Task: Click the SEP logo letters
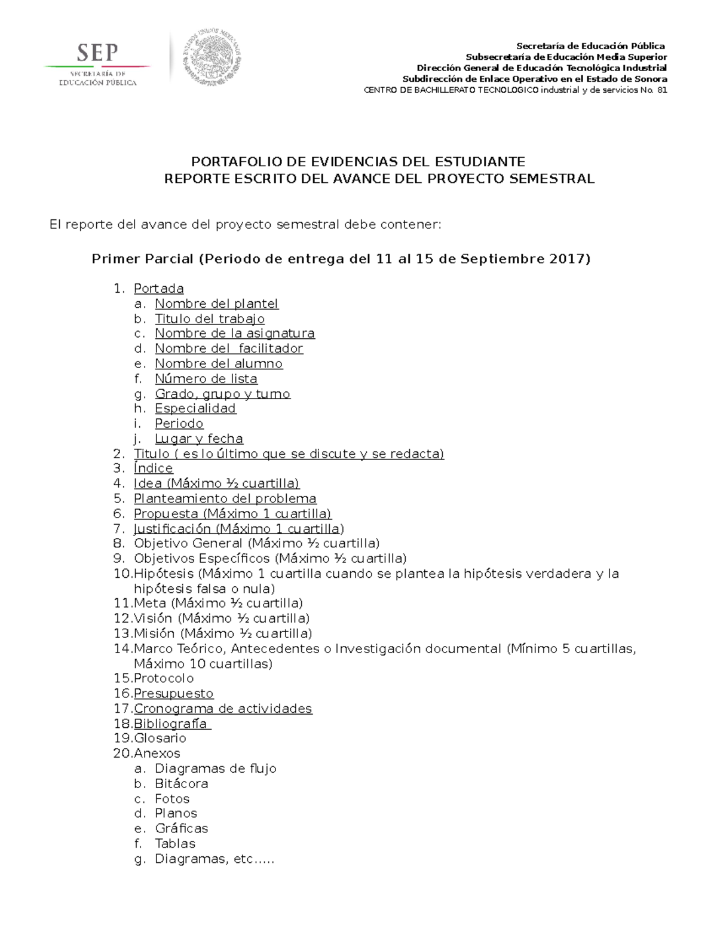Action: pyautogui.click(x=97, y=54)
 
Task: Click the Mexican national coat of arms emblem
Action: pyautogui.click(x=212, y=57)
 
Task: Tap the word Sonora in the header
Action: pyautogui.click(x=652, y=79)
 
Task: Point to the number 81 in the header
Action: pyautogui.click(x=662, y=90)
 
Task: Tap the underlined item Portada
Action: pyautogui.click(x=158, y=289)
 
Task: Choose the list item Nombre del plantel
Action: pyautogui.click(x=216, y=304)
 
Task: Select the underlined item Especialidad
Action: pyautogui.click(x=195, y=408)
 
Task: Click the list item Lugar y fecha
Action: pyautogui.click(x=198, y=439)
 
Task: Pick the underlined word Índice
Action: pyautogui.click(x=153, y=468)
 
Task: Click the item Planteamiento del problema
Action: pyautogui.click(x=225, y=498)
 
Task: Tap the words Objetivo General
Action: pyautogui.click(x=188, y=543)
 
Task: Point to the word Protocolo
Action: pyautogui.click(x=164, y=678)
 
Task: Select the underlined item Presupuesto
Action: pyautogui.click(x=173, y=693)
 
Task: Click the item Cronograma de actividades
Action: pyautogui.click(x=223, y=709)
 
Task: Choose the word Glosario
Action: pyautogui.click(x=160, y=738)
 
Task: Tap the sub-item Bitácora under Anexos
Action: pyautogui.click(x=181, y=783)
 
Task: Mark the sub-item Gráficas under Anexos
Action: pyautogui.click(x=181, y=828)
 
